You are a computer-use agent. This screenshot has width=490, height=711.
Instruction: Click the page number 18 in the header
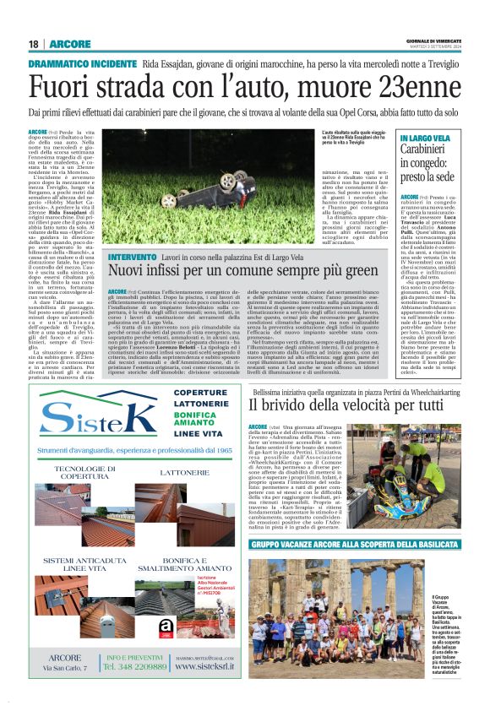point(33,44)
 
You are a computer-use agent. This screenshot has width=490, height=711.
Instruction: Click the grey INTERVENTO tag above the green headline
point(132,257)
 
